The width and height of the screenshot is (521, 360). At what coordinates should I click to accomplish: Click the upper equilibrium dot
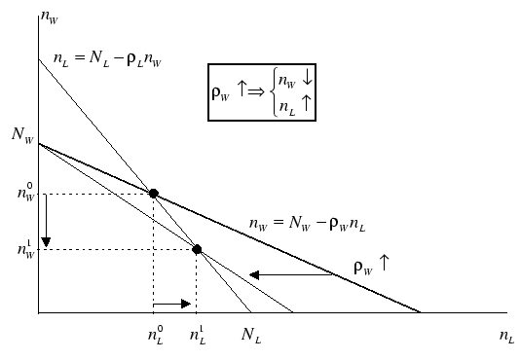click(153, 193)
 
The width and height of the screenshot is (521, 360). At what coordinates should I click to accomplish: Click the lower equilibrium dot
click(197, 250)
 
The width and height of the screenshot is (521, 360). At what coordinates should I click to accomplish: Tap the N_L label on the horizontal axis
click(251, 336)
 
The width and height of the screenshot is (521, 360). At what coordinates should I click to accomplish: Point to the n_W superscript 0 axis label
click(22, 193)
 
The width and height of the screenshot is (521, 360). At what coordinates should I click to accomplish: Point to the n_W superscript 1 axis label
click(22, 250)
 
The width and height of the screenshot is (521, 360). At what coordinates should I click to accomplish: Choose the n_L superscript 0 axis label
click(154, 336)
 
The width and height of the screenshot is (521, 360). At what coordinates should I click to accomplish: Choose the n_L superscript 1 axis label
click(198, 336)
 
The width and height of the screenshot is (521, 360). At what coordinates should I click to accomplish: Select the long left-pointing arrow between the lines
click(293, 275)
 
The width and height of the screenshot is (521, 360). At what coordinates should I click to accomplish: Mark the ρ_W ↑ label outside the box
click(368, 263)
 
